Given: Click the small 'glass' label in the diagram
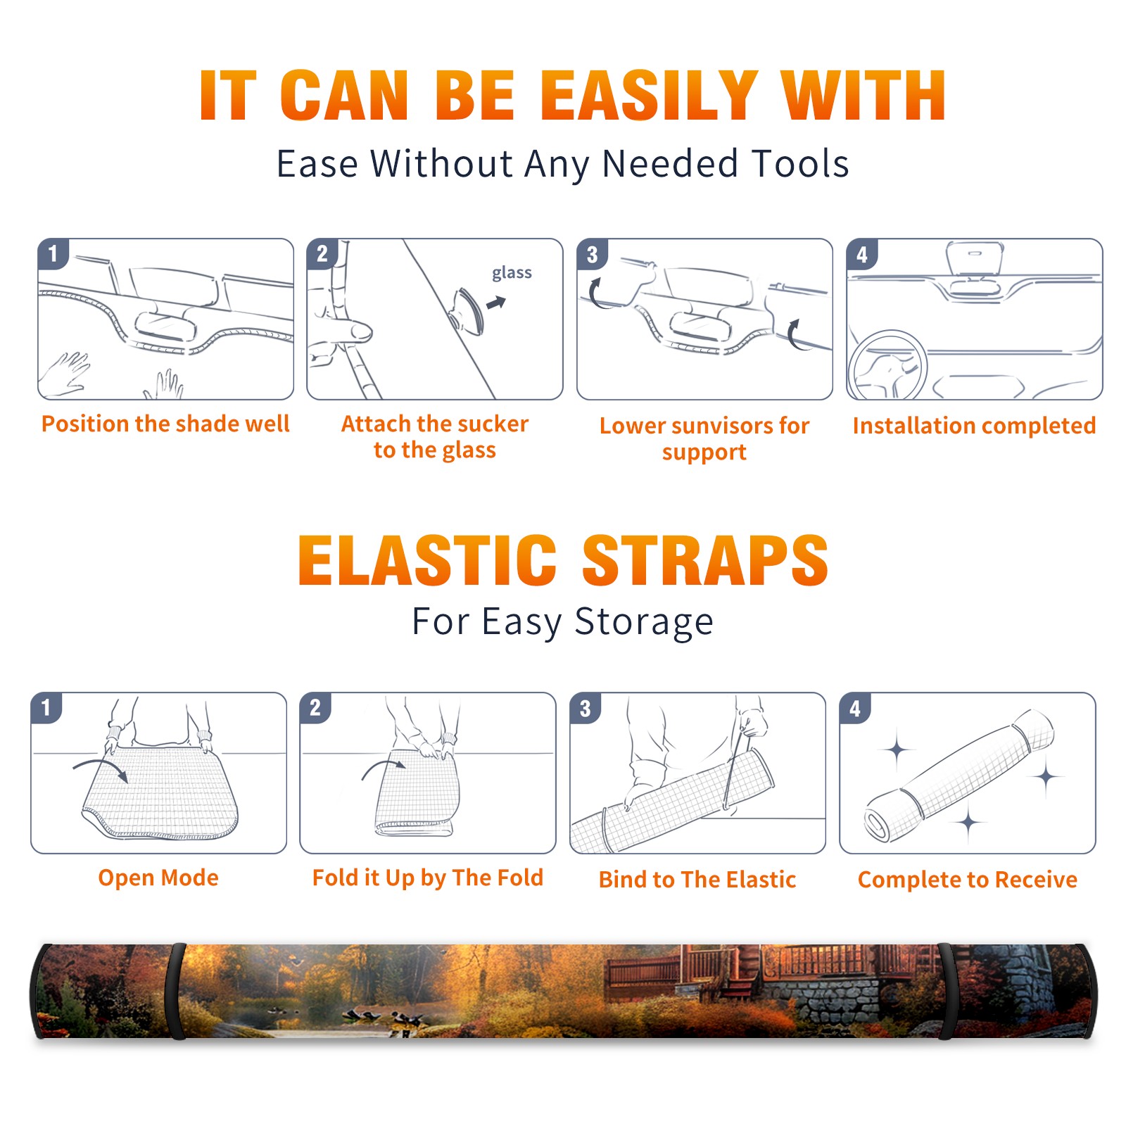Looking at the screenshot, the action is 512,272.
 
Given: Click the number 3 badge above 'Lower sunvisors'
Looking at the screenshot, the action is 591,254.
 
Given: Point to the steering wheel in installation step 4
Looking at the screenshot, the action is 887,365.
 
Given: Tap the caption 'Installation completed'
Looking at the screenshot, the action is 974,426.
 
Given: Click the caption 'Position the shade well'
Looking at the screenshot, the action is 165,424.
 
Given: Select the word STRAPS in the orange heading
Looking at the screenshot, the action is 705,560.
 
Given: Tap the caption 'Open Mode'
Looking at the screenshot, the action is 158,878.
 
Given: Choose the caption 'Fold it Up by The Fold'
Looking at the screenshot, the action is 428,878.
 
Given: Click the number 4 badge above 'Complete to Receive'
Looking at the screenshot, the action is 854,708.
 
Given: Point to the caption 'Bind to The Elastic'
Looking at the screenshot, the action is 697,880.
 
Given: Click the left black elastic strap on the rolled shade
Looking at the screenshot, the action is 176,991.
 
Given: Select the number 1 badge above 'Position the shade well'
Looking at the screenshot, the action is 53,254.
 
